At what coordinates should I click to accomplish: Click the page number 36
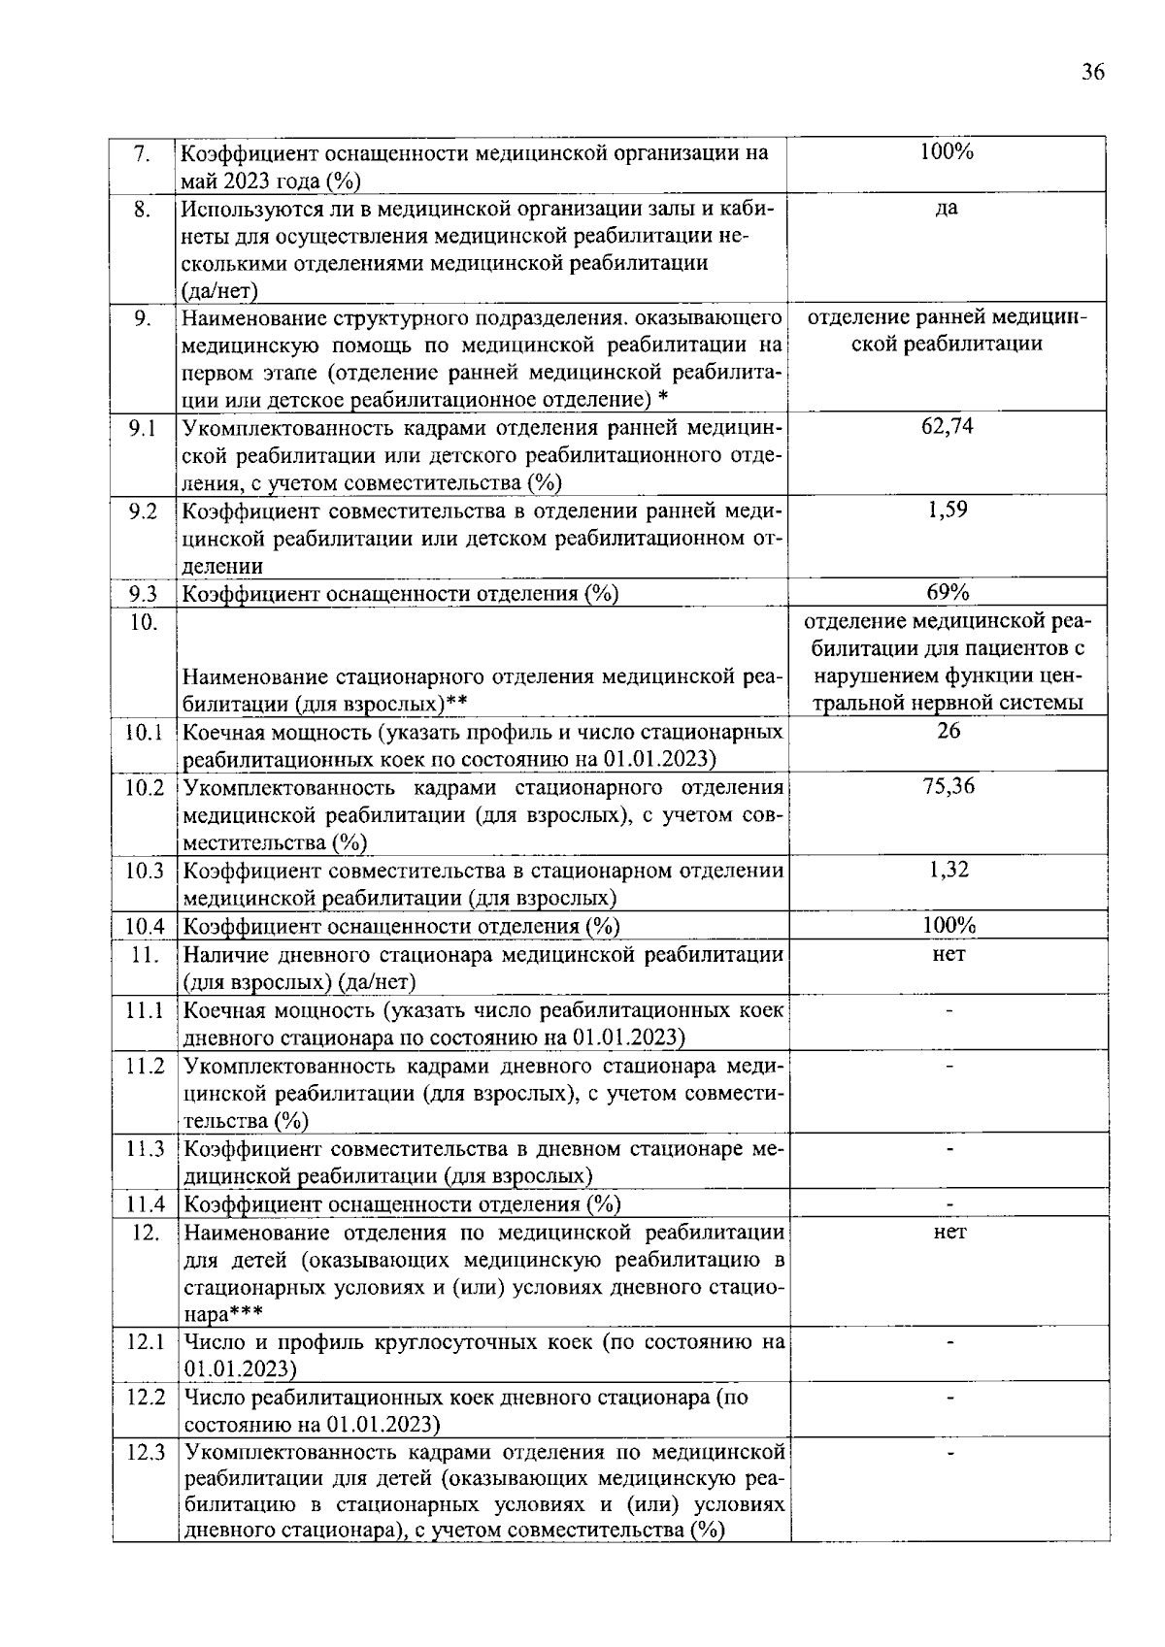1092,73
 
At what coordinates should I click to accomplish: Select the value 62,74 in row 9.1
948,426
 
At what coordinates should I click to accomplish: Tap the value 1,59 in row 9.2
948,510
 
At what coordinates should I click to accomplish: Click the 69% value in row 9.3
948,592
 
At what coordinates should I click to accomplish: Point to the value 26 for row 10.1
949,731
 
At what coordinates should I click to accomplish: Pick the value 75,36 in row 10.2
949,786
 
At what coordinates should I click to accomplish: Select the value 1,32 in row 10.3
949,870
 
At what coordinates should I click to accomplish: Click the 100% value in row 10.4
949,925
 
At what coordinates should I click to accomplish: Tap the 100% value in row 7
947,151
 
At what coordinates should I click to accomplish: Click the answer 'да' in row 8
947,208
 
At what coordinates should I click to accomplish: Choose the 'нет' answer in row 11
949,954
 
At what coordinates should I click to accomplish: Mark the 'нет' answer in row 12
949,1232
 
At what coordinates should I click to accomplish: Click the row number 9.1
143,426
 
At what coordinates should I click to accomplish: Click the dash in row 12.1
950,1343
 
